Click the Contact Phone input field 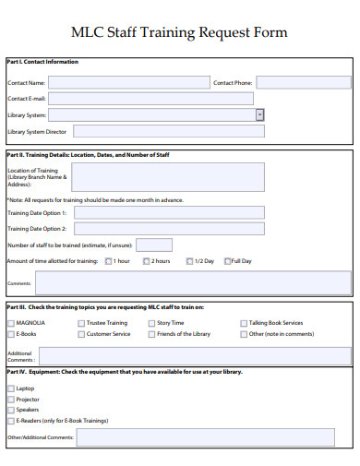tap(304, 82)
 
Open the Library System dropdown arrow tap(259, 114)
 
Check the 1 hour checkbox tap(108, 261)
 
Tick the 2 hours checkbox tap(146, 261)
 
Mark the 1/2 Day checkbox tap(189, 261)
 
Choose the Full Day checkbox tap(226, 261)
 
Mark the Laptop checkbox tap(11, 388)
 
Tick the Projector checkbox tap(11, 399)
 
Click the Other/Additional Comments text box tap(214, 436)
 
